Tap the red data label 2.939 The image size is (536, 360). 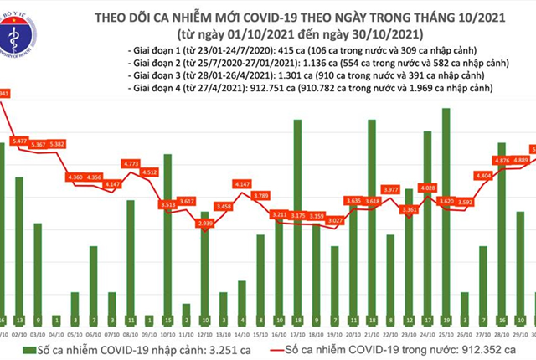(x=205, y=224)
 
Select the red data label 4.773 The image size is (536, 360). (x=131, y=164)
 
